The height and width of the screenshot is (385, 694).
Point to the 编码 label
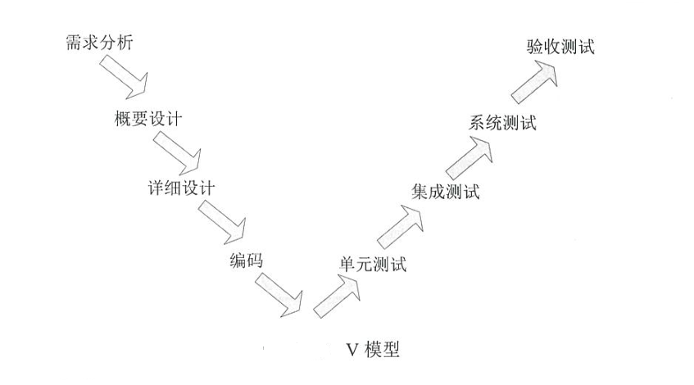tap(247, 262)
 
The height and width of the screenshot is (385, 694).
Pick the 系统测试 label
tap(502, 124)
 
